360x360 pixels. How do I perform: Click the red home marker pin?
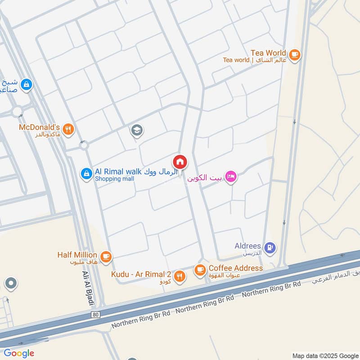click(180, 162)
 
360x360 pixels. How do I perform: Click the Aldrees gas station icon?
click(271, 247)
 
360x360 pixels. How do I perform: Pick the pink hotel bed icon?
click(231, 177)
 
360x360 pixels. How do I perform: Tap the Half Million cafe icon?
click(106, 256)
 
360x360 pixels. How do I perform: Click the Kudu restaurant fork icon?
click(180, 276)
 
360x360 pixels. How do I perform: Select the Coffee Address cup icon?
click(200, 270)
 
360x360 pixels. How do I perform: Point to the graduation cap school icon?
click(136, 131)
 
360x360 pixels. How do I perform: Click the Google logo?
click(19, 353)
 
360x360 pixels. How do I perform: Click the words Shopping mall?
click(114, 179)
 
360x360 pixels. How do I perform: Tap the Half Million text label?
click(77, 255)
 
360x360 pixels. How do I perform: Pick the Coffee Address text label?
click(235, 268)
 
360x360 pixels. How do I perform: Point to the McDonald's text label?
click(40, 127)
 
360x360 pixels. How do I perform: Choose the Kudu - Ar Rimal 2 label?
click(141, 274)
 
